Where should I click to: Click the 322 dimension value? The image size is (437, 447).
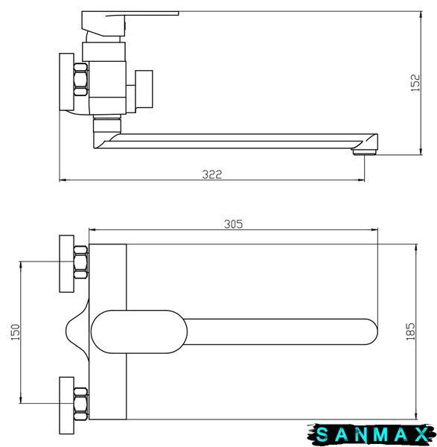212,174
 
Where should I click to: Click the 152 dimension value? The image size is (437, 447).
415,83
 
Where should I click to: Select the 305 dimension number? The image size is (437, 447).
234,224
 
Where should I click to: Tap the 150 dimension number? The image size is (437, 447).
16,332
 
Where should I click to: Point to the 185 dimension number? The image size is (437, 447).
410,332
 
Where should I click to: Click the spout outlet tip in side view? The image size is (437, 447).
364,152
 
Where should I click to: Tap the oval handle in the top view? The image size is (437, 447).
139,332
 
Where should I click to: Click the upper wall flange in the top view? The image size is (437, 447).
67,264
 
